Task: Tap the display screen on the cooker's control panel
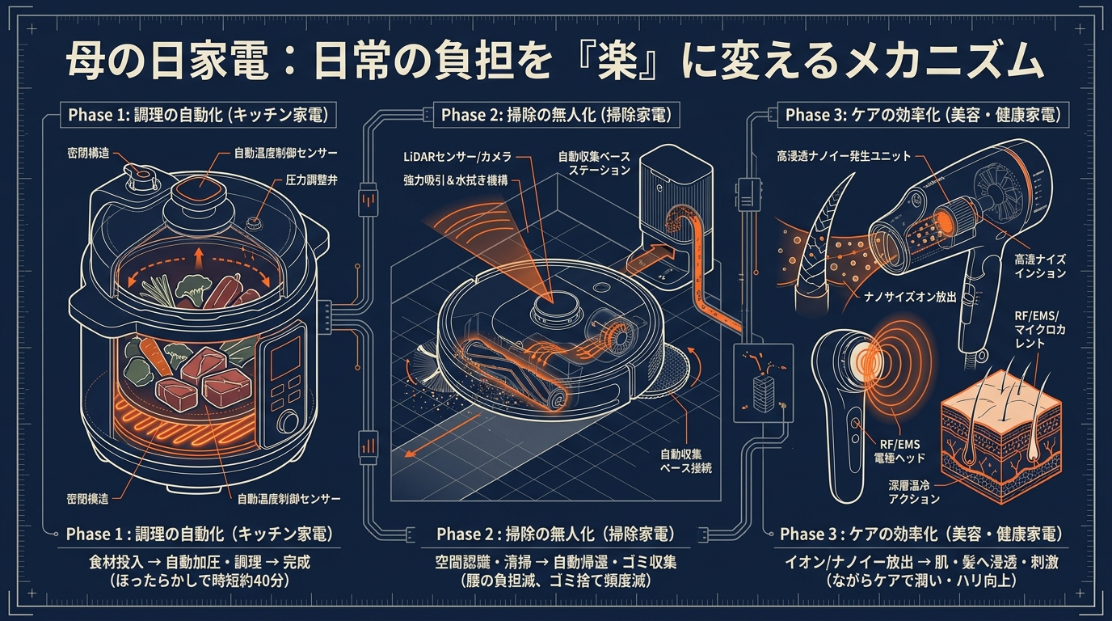[286, 357]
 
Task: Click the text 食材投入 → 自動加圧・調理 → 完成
[200, 561]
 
